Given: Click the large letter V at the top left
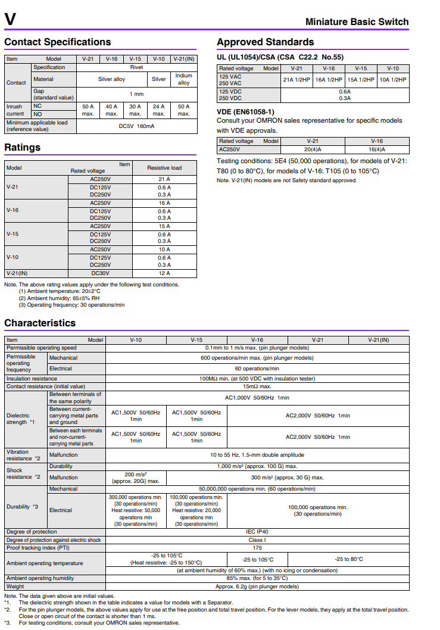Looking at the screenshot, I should tap(10, 20).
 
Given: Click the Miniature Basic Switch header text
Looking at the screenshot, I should tap(357, 22).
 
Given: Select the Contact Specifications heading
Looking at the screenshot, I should tap(57, 42).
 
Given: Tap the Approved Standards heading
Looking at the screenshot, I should tap(265, 42).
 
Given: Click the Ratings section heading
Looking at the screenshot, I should tap(23, 147).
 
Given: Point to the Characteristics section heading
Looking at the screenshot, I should tap(40, 323).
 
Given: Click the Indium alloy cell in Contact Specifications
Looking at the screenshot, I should tap(183, 79).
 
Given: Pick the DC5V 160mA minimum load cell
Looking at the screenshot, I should tap(137, 126).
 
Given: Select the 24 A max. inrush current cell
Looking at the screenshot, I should tap(158, 110).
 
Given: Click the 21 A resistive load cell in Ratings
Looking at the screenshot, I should tap(164, 179).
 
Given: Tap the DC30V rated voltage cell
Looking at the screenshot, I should tap(100, 273).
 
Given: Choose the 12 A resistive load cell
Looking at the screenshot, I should tap(164, 273).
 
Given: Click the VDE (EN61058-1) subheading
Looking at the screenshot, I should tap(245, 111).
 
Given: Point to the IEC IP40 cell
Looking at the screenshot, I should tap(257, 532).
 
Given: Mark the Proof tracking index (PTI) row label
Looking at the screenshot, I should tap(38, 547).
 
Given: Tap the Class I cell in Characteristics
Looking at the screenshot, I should tap(257, 539).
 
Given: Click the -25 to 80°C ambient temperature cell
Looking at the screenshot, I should tap(348, 559).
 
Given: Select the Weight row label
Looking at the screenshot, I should tap(15, 586).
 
